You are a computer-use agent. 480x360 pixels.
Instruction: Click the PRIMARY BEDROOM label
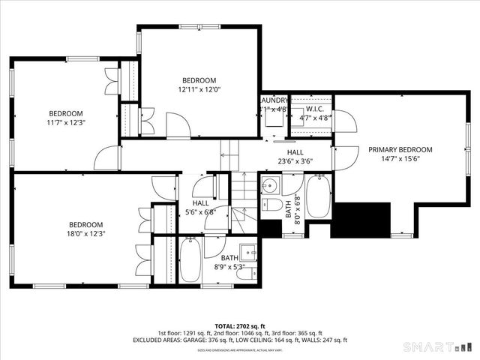pos(400,149)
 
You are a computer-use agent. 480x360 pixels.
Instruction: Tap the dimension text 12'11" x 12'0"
pos(199,90)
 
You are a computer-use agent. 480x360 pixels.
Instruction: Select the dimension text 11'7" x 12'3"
pos(67,123)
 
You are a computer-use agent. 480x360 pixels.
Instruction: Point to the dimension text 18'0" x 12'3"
pos(86,233)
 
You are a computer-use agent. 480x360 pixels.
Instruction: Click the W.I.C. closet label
pos(314,108)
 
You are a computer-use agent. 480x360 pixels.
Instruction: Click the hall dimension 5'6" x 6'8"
pos(200,211)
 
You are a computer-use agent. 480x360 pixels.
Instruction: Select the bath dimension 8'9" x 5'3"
pos(229,266)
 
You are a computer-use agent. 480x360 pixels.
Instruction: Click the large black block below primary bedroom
pos(362,219)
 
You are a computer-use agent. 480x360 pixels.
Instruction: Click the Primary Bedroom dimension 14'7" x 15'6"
pos(400,158)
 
